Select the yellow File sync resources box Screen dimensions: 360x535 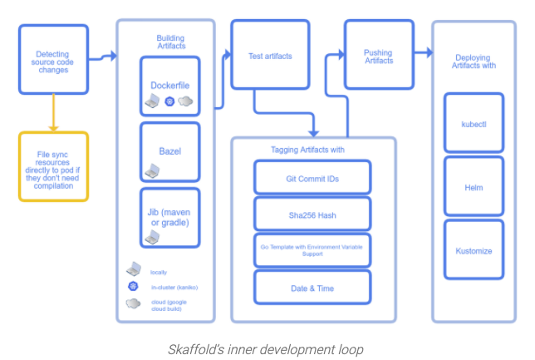pos(52,166)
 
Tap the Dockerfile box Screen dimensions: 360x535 pos(170,85)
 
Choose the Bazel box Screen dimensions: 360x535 pos(170,151)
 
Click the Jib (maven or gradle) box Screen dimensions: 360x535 pos(170,216)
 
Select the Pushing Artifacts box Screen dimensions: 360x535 pos(378,55)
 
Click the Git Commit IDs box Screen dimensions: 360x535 pos(312,179)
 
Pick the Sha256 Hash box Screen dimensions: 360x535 pos(312,215)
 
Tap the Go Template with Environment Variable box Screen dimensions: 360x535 pos(312,250)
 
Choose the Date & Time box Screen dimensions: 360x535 pos(312,287)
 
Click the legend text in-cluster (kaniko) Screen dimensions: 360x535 pos(173,287)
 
